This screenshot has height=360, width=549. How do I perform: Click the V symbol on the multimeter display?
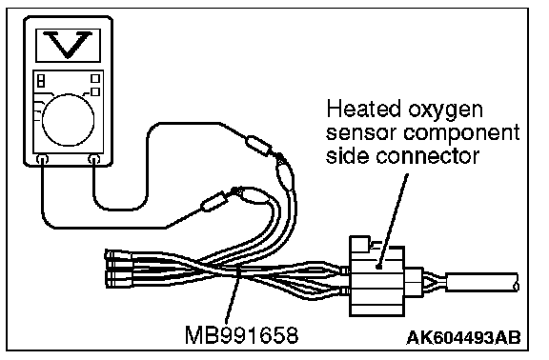coord(68,45)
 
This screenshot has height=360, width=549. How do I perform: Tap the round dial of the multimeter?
coord(68,120)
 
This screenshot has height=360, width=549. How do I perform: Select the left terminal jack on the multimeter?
coord(42,160)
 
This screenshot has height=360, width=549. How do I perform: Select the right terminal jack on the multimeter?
coord(93,160)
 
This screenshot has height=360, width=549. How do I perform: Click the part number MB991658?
coord(241,335)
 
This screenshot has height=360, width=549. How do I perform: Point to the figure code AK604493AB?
coord(463,337)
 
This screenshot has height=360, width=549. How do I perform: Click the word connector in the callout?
coord(427,155)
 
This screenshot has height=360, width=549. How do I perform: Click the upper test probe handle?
coord(258,145)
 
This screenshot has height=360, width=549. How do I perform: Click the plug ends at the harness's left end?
coord(118,269)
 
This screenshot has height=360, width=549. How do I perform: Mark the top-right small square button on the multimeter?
coord(95,78)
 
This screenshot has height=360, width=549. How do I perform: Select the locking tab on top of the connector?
coord(359,243)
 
